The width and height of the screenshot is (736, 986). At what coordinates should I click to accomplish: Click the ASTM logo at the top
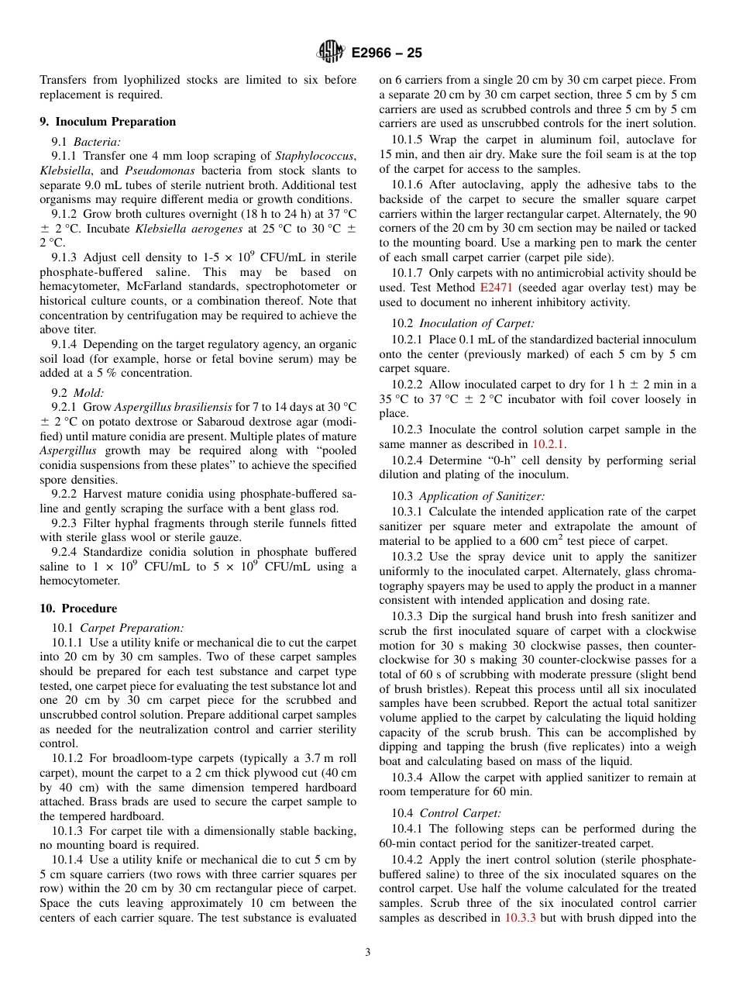click(331, 53)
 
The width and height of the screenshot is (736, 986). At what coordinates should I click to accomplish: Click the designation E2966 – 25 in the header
click(387, 53)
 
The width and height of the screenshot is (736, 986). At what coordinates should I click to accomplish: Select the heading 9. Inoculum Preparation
click(108, 122)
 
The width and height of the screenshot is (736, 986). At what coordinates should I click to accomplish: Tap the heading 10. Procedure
click(78, 608)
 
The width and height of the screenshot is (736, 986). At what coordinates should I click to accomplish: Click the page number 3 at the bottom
click(368, 953)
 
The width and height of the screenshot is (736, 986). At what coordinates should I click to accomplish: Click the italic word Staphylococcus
click(315, 156)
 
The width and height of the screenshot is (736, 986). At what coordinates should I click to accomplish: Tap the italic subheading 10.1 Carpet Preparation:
click(118, 628)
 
